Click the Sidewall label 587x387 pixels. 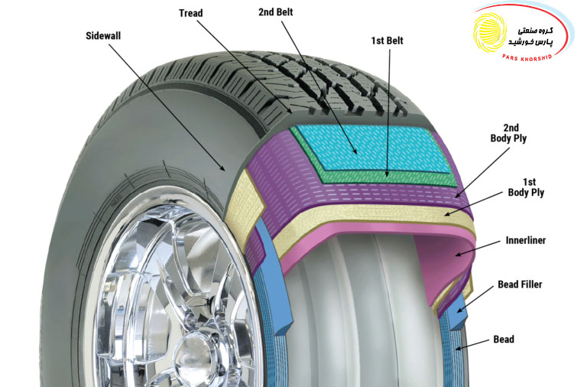103,36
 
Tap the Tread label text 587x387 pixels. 190,13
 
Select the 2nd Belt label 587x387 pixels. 275,12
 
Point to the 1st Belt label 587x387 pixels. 387,41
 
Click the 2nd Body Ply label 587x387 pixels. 508,133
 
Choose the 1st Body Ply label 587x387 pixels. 526,187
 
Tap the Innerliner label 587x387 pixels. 526,240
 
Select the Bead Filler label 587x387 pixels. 520,285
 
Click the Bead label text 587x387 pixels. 504,340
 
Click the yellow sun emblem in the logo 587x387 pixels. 490,32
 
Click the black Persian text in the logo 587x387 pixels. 530,37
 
